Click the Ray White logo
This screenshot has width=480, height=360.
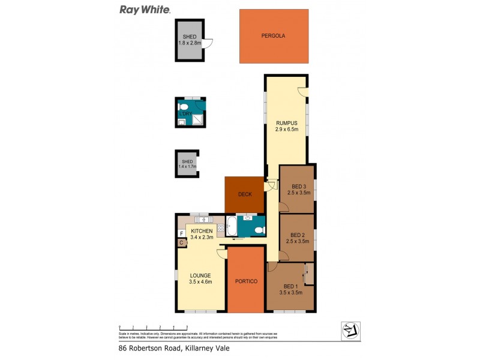click(145, 10)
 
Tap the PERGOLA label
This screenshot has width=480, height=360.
click(273, 36)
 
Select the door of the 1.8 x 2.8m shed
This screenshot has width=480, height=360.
click(208, 43)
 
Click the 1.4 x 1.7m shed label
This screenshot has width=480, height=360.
click(187, 164)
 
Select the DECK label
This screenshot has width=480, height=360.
click(245, 194)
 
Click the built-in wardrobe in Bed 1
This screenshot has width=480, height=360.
click(309, 274)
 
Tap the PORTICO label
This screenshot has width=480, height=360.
click(246, 281)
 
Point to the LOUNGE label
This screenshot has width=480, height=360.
click(200, 275)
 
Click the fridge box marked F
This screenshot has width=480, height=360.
click(181, 233)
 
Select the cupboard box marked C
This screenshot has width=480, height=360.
click(181, 242)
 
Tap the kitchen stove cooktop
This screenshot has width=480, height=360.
click(220, 227)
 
